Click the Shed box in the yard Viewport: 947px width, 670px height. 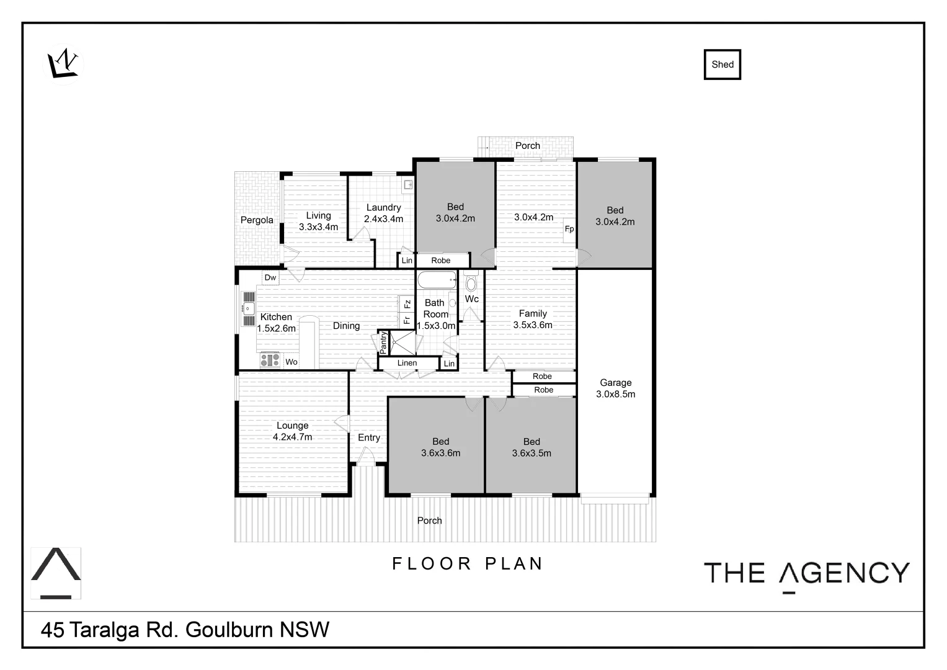click(x=722, y=65)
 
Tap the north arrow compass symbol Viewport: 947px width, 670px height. click(x=63, y=63)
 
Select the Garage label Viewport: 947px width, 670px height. click(x=615, y=383)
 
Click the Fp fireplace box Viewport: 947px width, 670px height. click(x=569, y=229)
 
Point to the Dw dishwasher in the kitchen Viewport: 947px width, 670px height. click(x=270, y=277)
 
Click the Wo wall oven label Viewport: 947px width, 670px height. click(x=291, y=362)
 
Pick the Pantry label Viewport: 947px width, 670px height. click(x=383, y=343)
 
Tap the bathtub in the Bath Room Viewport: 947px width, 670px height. click(x=437, y=280)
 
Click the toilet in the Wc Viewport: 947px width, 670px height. click(x=471, y=283)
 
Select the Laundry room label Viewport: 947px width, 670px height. click(x=383, y=208)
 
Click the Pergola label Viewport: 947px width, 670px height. click(x=257, y=220)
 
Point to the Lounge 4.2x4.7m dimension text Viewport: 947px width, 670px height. click(x=292, y=437)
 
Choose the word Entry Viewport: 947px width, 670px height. click(x=369, y=437)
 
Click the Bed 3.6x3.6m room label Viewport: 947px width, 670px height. click(x=440, y=447)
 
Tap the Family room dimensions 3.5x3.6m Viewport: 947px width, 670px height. click(x=533, y=325)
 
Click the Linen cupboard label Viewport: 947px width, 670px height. click(x=407, y=363)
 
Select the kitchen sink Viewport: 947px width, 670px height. click(x=248, y=308)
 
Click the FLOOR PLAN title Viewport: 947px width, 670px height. click(x=468, y=563)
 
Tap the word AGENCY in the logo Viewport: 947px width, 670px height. click(x=844, y=573)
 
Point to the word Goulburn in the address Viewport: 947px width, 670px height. click(x=230, y=630)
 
